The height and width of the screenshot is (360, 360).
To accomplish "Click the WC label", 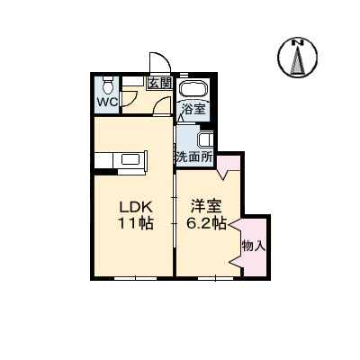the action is [x=107, y=103].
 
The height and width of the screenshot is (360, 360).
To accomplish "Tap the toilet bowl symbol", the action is [x=107, y=85].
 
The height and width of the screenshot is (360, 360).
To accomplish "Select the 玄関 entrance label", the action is [x=160, y=83].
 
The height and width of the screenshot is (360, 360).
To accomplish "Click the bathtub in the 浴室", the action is [x=193, y=88].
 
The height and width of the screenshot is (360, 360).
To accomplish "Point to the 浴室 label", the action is [x=194, y=110].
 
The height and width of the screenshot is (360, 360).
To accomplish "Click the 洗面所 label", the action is [x=194, y=157].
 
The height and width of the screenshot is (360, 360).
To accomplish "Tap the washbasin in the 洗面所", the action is [x=206, y=139].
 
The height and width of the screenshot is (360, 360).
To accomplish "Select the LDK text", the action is [x=137, y=207].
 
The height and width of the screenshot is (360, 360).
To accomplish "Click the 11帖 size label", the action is [x=136, y=223].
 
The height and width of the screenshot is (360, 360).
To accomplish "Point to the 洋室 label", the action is [x=207, y=207].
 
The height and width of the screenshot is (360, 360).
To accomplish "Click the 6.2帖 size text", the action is [x=206, y=223].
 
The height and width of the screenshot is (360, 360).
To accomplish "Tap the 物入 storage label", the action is [x=254, y=246].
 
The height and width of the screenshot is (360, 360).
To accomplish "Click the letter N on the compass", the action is [x=298, y=42].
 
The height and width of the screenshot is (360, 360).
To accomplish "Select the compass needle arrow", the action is [x=298, y=60].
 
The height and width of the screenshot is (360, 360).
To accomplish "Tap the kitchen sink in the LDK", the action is [x=130, y=158].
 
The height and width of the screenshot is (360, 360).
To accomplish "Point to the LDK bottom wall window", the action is [x=136, y=278].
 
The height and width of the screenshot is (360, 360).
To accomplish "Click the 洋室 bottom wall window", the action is [x=216, y=278].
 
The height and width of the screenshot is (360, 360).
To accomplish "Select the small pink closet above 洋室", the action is [x=229, y=164].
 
